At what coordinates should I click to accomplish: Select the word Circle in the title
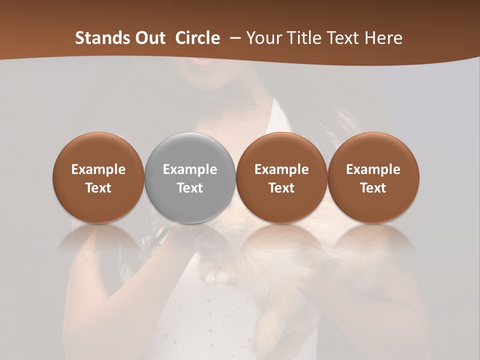[197, 38]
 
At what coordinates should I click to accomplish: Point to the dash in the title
[233, 38]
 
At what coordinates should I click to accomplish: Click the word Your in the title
[263, 38]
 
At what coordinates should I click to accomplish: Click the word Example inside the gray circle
[190, 169]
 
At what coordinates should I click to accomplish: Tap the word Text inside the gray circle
[190, 188]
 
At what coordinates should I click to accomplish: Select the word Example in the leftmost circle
[98, 169]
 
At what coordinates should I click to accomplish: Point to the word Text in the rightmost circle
[373, 188]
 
